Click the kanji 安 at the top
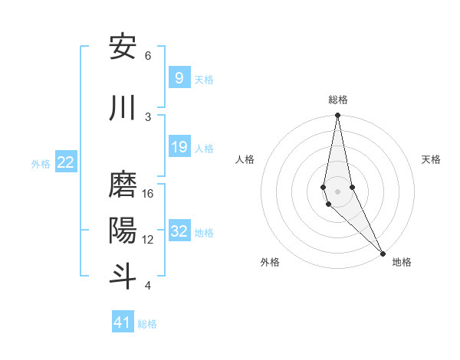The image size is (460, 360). [x=123, y=47]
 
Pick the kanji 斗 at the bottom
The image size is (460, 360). [x=123, y=277]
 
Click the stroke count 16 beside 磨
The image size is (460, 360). [x=148, y=194]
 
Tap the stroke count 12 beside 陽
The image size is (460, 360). [x=148, y=240]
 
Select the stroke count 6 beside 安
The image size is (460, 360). [x=148, y=56]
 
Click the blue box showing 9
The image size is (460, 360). [x=179, y=77]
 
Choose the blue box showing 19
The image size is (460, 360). [x=179, y=147]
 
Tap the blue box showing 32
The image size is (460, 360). [x=179, y=231]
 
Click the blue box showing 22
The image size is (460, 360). [x=66, y=162]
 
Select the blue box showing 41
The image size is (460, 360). [x=123, y=322]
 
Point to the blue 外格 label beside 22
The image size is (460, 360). [x=40, y=163]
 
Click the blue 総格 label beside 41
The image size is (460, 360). [x=147, y=324]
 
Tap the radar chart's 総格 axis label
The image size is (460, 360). [x=338, y=100]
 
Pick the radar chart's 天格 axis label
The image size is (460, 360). [x=432, y=159]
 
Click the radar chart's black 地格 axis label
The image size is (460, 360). [x=402, y=263]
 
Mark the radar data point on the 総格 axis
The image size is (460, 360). [x=337, y=116]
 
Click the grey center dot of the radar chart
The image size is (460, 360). [x=337, y=191]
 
